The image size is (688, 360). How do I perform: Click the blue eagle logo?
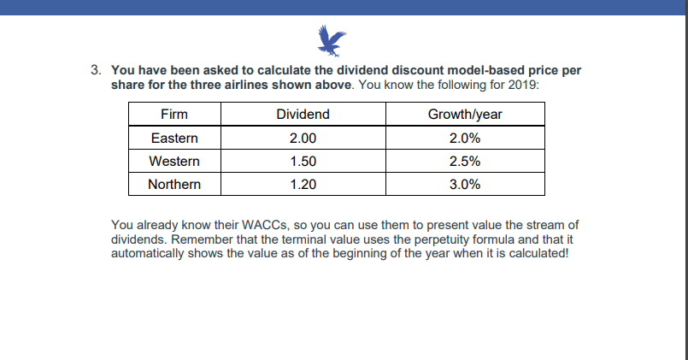point(332,39)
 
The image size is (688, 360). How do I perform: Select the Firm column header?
point(174,115)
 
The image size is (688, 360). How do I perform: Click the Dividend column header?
point(303,115)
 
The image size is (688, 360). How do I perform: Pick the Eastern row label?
point(174,138)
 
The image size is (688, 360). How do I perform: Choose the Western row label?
point(174,161)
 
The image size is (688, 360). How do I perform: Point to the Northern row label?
point(174,184)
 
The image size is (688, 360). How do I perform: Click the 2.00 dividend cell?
point(303,138)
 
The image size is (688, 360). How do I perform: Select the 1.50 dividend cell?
point(303,161)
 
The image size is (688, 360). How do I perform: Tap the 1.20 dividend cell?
point(303,184)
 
